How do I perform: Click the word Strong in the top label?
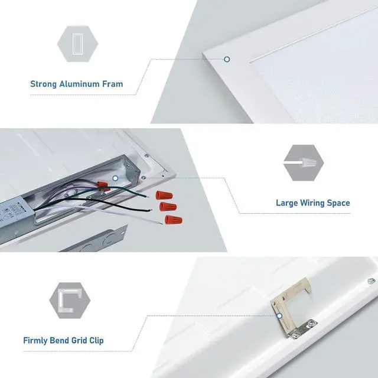tap(44, 84)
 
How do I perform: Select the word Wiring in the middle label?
tap(312, 203)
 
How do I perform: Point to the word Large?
tap(287, 203)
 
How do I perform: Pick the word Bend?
tap(62, 341)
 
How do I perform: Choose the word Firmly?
tap(36, 341)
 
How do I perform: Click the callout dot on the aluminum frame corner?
tap(226, 59)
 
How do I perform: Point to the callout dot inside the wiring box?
tap(116, 177)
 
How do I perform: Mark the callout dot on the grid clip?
tap(278, 316)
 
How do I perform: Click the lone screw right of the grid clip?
tap(371, 281)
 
